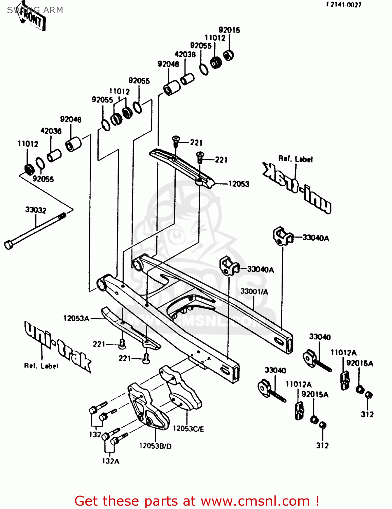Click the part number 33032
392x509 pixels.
[x=36, y=210]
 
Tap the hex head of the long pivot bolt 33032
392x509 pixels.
[x=8, y=245]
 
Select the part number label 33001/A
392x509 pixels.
[x=254, y=291]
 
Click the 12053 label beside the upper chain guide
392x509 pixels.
[x=239, y=184]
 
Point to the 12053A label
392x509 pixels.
[x=76, y=318]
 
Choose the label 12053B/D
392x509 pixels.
[x=155, y=446]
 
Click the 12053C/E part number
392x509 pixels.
[x=189, y=429]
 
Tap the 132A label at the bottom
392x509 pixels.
[x=110, y=461]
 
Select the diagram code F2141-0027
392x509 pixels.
[x=344, y=5]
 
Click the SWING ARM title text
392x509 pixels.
[x=35, y=10]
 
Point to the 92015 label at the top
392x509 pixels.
[x=229, y=30]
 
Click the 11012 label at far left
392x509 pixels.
[x=28, y=144]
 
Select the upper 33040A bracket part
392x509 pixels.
[x=282, y=235]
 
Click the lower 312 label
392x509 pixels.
[x=322, y=446]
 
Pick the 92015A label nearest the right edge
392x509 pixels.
[x=360, y=363]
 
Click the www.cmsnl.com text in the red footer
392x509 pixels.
[x=255, y=501]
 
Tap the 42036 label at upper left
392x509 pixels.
[x=51, y=131]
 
